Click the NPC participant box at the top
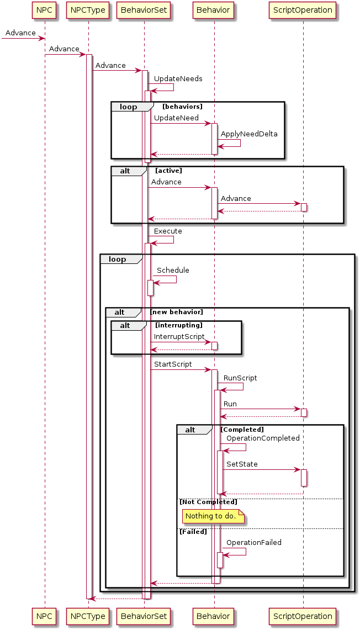coord(45,9)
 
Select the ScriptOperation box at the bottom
coord(303,616)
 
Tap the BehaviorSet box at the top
coord(144,9)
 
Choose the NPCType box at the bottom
coord(88,616)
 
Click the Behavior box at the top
coord(214,9)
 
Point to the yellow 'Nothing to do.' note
coord(210,516)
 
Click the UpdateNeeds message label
coord(178,79)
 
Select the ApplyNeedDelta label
coord(249,134)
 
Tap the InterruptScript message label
coord(179,337)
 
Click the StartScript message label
coord(173,364)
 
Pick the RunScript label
coord(240,378)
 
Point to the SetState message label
coord(242,464)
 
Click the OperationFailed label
coord(253,543)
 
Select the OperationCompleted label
coord(263,438)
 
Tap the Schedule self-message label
coord(173,271)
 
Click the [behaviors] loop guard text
coord(182,107)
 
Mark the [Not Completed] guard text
coord(208,502)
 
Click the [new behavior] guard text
coord(177,313)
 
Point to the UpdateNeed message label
coord(176,118)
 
